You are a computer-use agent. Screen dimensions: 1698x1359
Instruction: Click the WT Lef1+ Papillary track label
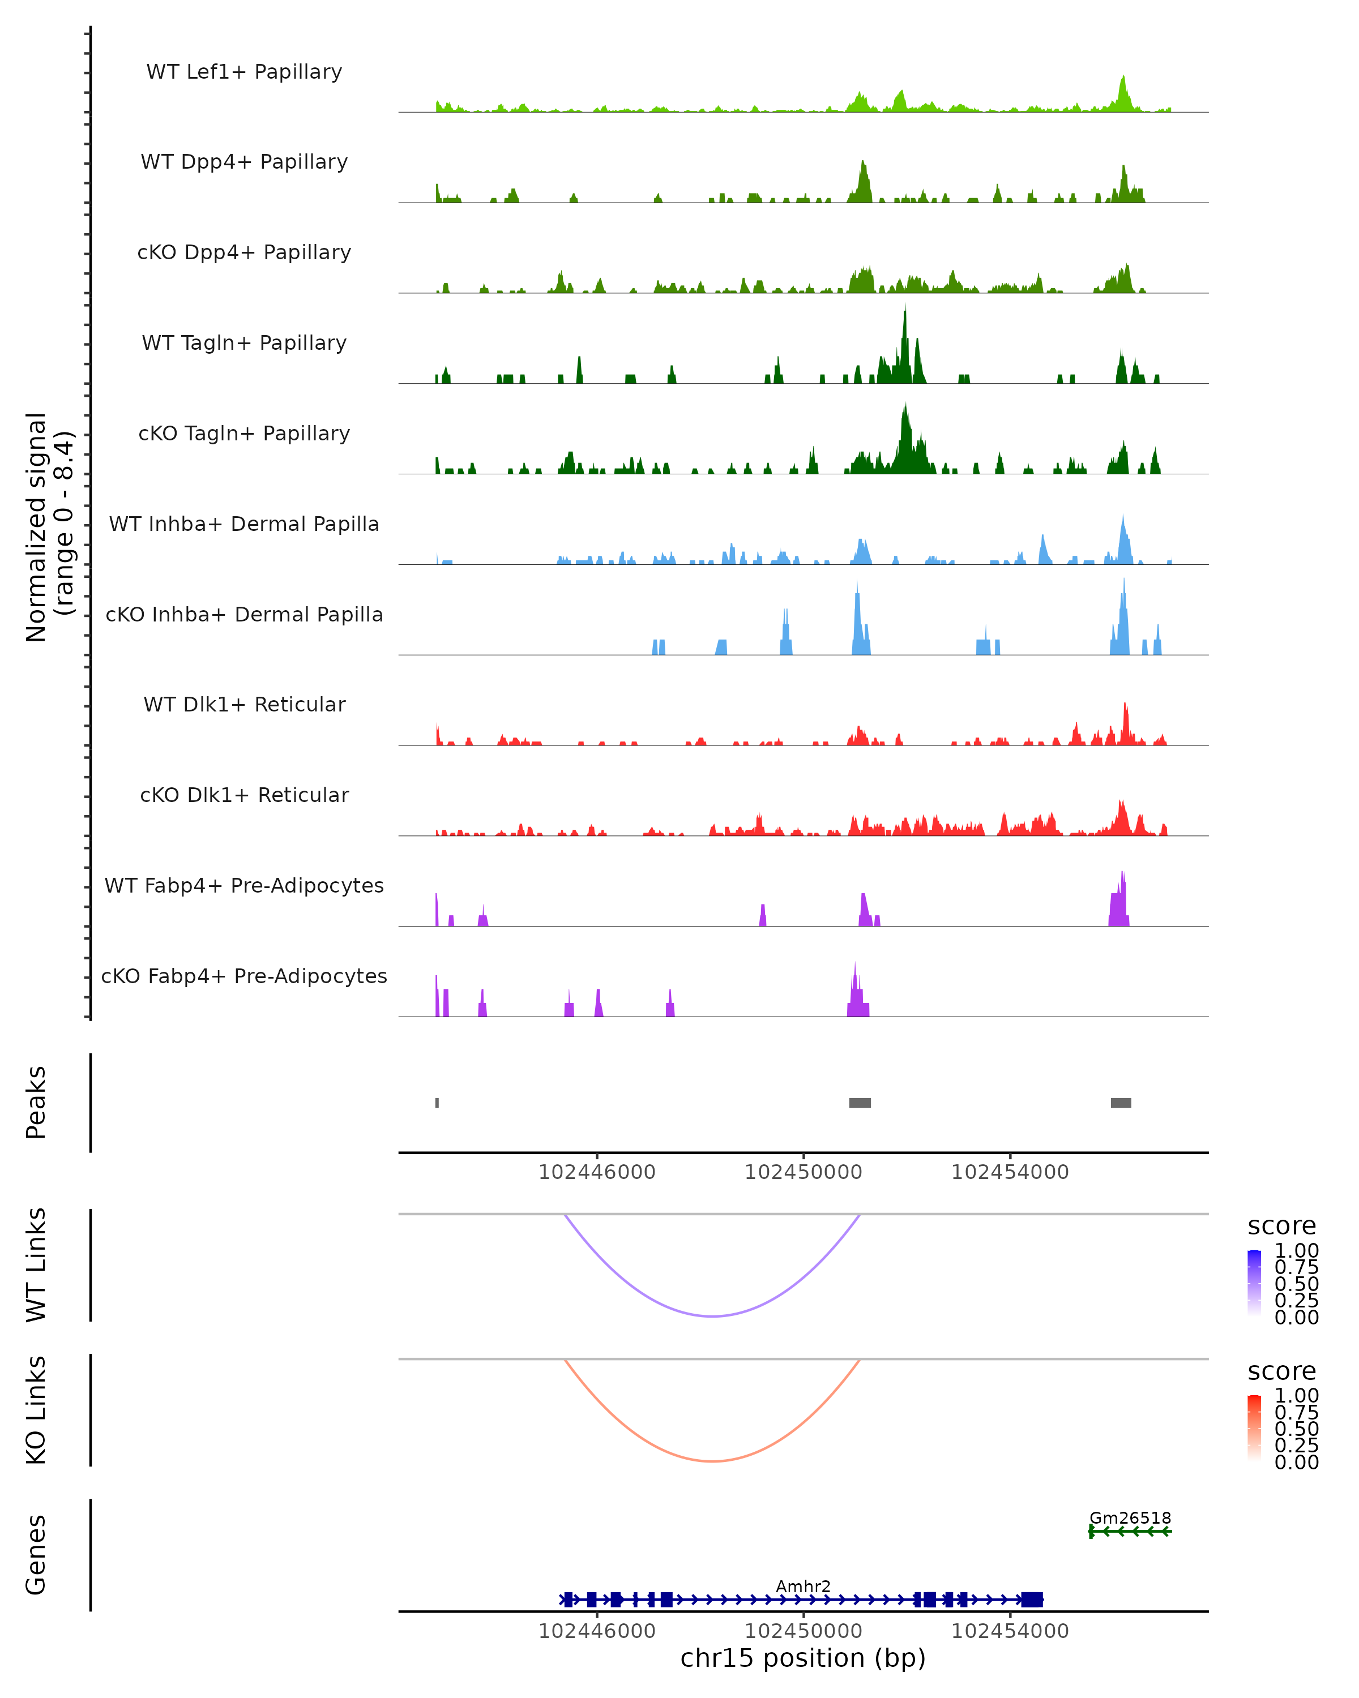click(244, 72)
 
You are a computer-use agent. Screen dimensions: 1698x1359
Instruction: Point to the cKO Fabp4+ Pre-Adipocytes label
click(244, 976)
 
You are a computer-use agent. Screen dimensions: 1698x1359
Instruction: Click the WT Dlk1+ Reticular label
click(244, 704)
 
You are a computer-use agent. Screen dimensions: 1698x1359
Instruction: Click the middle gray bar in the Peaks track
click(860, 1103)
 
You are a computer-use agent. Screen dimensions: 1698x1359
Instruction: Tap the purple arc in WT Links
click(712, 1316)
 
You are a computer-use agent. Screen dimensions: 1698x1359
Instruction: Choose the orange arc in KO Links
click(712, 1461)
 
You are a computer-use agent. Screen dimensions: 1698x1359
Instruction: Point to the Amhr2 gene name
click(803, 1586)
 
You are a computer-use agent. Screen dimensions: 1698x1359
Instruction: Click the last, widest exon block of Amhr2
click(1032, 1600)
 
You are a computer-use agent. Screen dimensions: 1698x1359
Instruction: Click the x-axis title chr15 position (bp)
click(803, 1658)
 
